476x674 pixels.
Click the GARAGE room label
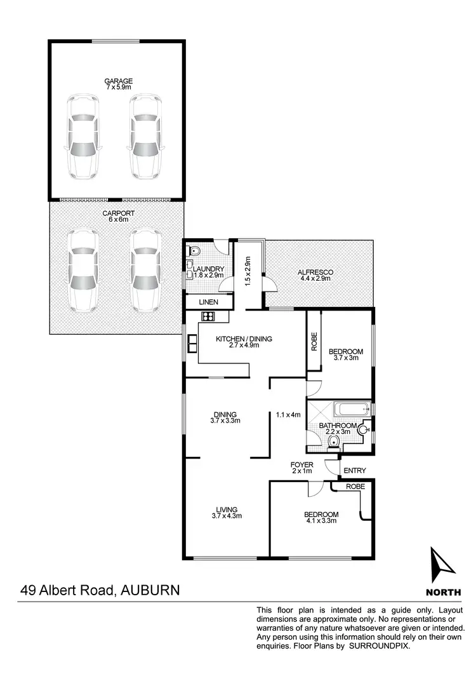click(x=119, y=81)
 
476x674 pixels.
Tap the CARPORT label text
click(x=116, y=213)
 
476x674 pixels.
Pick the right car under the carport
click(x=145, y=270)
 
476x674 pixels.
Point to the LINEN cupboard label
click(x=208, y=302)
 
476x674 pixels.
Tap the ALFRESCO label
click(x=315, y=273)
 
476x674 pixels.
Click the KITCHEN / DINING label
click(x=244, y=339)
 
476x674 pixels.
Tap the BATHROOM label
click(x=337, y=426)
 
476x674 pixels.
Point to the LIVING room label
click(x=226, y=509)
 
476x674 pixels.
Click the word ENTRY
click(x=355, y=471)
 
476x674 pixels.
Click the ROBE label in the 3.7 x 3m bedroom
click(x=314, y=342)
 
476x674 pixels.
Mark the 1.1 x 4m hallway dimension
click(x=288, y=415)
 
